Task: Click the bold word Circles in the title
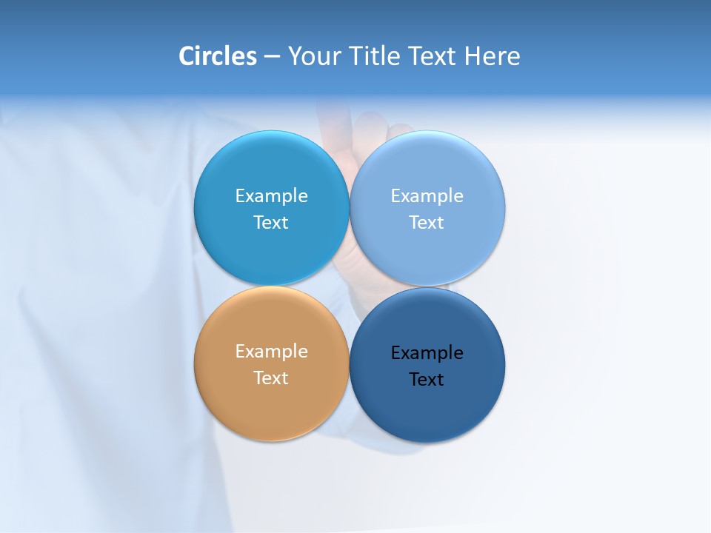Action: click(217, 56)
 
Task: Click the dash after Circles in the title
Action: click(271, 57)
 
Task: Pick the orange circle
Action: click(271, 407)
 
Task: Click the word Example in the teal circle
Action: click(271, 196)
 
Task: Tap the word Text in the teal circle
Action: click(271, 223)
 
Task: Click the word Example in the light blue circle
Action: click(427, 196)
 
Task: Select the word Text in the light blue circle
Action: click(427, 223)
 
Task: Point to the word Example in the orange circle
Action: click(271, 352)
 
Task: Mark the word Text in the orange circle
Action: click(271, 378)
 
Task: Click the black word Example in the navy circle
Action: click(427, 353)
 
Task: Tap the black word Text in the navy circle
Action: click(427, 380)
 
